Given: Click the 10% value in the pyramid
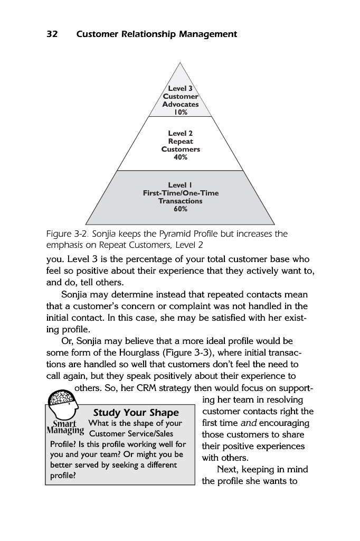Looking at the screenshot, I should tap(181, 112).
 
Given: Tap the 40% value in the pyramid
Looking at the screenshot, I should tap(181, 157).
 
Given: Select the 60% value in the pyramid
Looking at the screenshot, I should tap(181, 209).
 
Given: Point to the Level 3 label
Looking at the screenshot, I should tap(181, 89).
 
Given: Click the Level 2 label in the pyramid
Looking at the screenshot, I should tap(181, 134).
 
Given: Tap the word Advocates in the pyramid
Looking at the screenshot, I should tap(181, 104).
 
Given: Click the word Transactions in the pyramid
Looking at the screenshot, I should tap(181, 201).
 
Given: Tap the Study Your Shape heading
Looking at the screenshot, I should tap(136, 413).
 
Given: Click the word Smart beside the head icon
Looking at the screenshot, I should tap(65, 423).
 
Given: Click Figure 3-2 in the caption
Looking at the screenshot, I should tap(66, 234).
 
